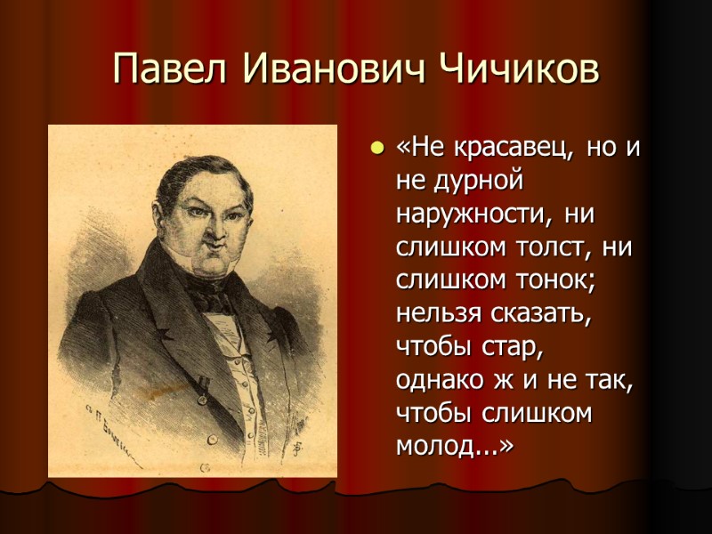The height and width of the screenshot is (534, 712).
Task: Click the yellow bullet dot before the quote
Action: [377, 148]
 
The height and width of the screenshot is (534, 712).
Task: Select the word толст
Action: [558, 247]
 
